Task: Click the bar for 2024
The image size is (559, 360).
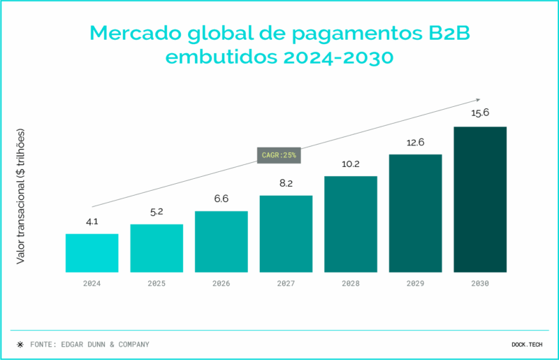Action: pyautogui.click(x=92, y=253)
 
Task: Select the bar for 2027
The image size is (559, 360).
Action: pyautogui.click(x=286, y=233)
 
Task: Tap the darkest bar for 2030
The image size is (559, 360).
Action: pyautogui.click(x=480, y=199)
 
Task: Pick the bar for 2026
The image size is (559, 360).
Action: pyautogui.click(x=222, y=241)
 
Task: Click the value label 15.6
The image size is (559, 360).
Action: pyautogui.click(x=480, y=113)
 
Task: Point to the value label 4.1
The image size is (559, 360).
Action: pyautogui.click(x=92, y=222)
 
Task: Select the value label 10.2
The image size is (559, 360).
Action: pyautogui.click(x=351, y=164)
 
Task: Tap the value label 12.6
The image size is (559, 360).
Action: pyautogui.click(x=416, y=142)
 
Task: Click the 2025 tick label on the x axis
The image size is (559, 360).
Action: pyautogui.click(x=157, y=284)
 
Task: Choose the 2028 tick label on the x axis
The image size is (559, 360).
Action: pyautogui.click(x=351, y=284)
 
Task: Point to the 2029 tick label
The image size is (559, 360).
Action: pyautogui.click(x=416, y=284)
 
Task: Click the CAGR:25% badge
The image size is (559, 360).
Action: pyautogui.click(x=279, y=155)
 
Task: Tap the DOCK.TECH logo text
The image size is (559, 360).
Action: pyautogui.click(x=527, y=344)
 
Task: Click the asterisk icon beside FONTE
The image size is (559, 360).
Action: pyautogui.click(x=20, y=344)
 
